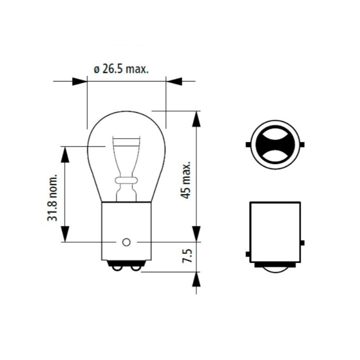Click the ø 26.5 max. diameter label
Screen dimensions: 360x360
coord(121,69)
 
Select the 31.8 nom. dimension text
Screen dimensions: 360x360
coord(53,198)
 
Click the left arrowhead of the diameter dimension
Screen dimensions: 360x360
coord(80,81)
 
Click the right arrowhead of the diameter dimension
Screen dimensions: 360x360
coord(174,81)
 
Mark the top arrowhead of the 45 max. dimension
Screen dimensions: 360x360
coord(196,119)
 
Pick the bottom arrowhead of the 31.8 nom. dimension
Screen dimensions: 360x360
coord(65,234)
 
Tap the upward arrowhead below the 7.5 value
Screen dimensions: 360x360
coord(196,279)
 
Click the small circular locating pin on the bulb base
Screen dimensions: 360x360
coord(126,242)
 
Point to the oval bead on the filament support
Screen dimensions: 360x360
coord(126,180)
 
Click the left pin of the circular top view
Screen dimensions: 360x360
coord(248,145)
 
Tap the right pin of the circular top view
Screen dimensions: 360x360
coord(302,145)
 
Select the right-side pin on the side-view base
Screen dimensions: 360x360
coord(302,243)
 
